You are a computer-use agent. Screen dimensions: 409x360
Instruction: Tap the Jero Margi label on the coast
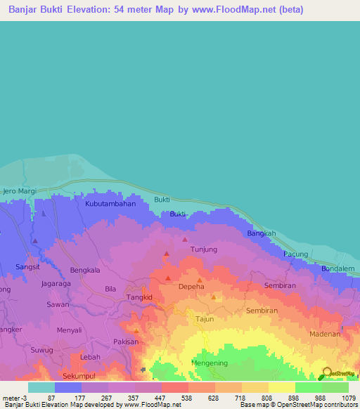tap(19, 191)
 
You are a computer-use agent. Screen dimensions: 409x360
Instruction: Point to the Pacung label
tap(296, 254)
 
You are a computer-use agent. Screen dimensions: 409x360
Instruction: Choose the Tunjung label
tap(204, 249)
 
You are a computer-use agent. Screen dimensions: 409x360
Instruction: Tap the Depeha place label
tap(191, 287)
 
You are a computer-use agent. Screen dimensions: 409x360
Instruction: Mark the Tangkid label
tap(139, 297)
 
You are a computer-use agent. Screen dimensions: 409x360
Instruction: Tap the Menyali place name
tap(70, 330)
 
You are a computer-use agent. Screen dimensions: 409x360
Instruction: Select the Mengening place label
tap(210, 363)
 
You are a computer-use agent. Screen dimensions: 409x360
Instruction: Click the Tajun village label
tap(205, 319)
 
